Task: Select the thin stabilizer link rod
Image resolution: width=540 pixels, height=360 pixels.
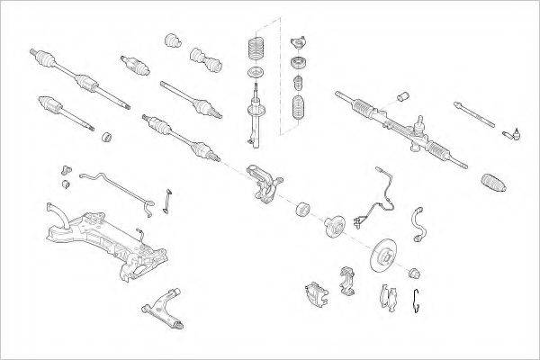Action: [168, 202]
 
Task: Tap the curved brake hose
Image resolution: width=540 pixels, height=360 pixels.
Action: [418, 224]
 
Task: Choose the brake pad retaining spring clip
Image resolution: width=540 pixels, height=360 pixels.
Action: [417, 304]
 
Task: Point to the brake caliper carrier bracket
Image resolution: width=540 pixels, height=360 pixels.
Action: [346, 280]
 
